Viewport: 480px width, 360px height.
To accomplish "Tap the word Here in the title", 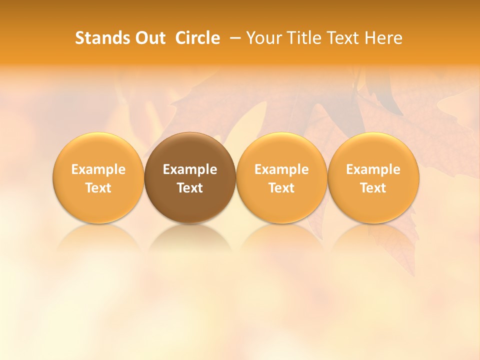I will click(383, 38).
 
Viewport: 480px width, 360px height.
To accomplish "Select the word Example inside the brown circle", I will click(190, 169).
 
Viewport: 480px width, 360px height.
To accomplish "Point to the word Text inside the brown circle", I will click(190, 188).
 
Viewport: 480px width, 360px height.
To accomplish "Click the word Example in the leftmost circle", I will click(98, 169).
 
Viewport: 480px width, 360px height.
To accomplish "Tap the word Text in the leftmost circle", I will click(98, 188).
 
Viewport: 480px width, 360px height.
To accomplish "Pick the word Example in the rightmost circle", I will click(373, 169).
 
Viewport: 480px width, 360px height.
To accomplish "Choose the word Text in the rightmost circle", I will click(373, 188).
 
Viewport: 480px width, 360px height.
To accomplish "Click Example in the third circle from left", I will click(281, 169).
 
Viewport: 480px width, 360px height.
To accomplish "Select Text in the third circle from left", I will click(281, 188).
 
